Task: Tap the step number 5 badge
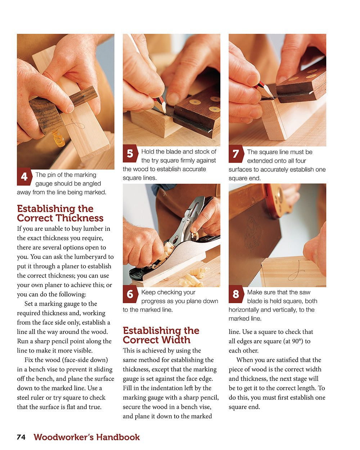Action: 130,154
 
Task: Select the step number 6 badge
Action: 130,294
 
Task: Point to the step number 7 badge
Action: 236,154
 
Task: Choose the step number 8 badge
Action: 236,294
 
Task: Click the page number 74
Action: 21,437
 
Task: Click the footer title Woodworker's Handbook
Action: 87,437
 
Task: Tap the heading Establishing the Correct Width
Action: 161,335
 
